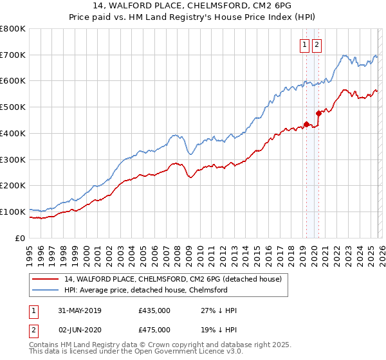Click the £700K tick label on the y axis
click(13, 55)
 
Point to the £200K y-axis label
click(13, 185)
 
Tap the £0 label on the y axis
click(20, 238)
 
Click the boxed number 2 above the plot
click(318, 44)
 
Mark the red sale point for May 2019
click(306, 124)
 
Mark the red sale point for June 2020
click(318, 114)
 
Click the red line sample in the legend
click(45, 279)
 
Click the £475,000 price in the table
click(154, 330)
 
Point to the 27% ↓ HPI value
click(219, 310)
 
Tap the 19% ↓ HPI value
click(219, 330)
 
